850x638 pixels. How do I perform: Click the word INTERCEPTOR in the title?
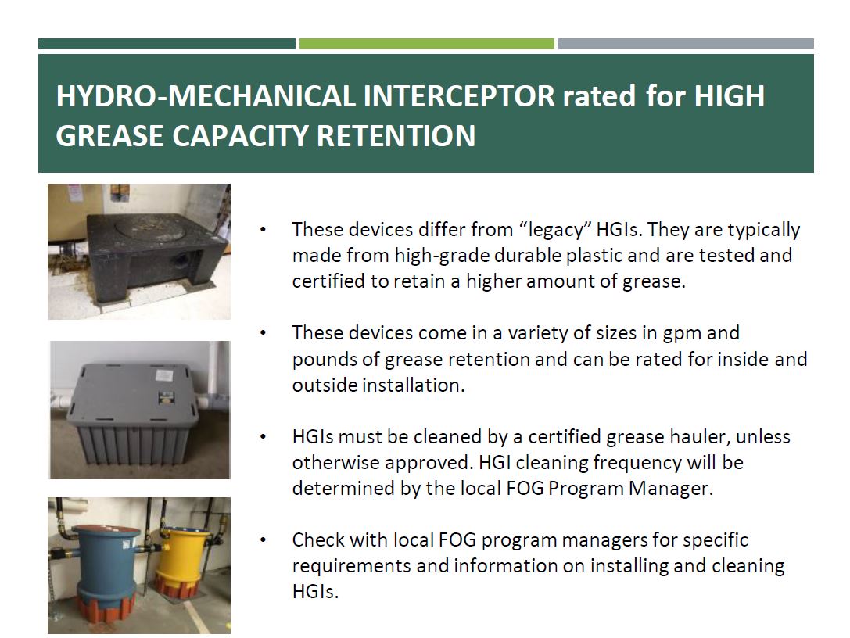459,96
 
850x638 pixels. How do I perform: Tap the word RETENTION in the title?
396,135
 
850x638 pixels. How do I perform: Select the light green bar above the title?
427,44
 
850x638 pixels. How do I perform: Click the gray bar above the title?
686,44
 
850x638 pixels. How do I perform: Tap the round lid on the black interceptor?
158,230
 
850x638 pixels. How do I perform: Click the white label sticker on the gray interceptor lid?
164,375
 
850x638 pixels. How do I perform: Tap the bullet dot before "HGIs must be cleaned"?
264,437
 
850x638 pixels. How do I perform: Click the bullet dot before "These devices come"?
264,333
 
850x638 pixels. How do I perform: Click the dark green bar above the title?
167,44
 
